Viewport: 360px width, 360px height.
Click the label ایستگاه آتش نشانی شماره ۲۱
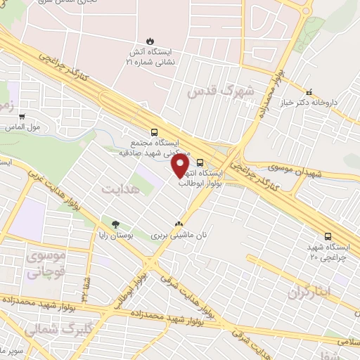pos(149,57)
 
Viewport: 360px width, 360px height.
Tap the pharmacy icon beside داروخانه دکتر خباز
pos(309,91)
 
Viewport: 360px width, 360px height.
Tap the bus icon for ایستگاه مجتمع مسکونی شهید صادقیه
pos(153,131)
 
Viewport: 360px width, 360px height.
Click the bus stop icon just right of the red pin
pos(201,161)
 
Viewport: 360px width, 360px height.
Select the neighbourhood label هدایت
pos(120,188)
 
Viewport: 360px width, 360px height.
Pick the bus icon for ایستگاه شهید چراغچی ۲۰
pos(328,237)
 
